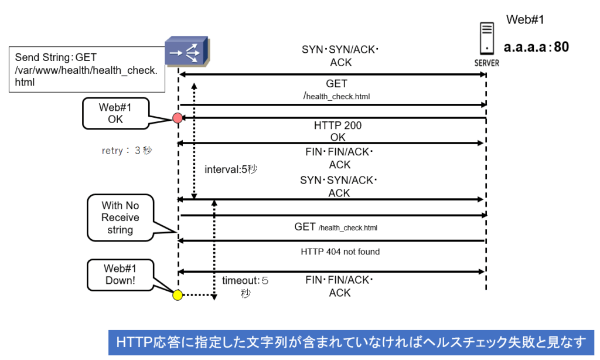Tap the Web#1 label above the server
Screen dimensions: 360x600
[526, 20]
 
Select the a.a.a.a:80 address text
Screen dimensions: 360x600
[536, 47]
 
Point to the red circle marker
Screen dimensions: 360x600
[178, 118]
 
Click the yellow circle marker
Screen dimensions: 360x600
[177, 295]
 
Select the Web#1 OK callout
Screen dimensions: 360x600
[115, 113]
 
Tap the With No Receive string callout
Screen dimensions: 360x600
[120, 218]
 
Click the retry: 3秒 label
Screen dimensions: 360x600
[127, 151]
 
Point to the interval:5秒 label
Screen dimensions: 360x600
[231, 169]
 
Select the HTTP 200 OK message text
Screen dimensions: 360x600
[339, 132]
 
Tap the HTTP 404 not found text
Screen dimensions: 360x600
[340, 252]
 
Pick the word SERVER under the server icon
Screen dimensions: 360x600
[486, 63]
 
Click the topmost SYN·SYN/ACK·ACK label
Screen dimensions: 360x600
[340, 56]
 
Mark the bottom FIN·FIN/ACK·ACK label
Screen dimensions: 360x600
[340, 286]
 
